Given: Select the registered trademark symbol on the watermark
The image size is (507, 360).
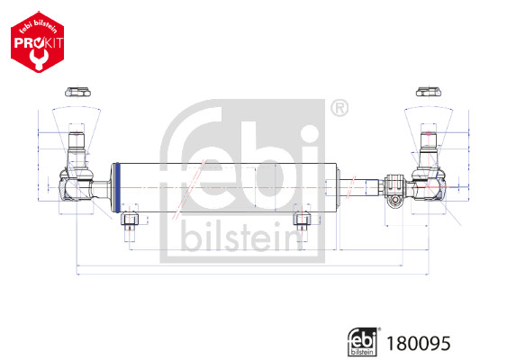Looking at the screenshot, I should [340, 110].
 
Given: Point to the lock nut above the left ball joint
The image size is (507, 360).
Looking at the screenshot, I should [77, 91].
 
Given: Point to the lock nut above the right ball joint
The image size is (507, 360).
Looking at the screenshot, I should [428, 91].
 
